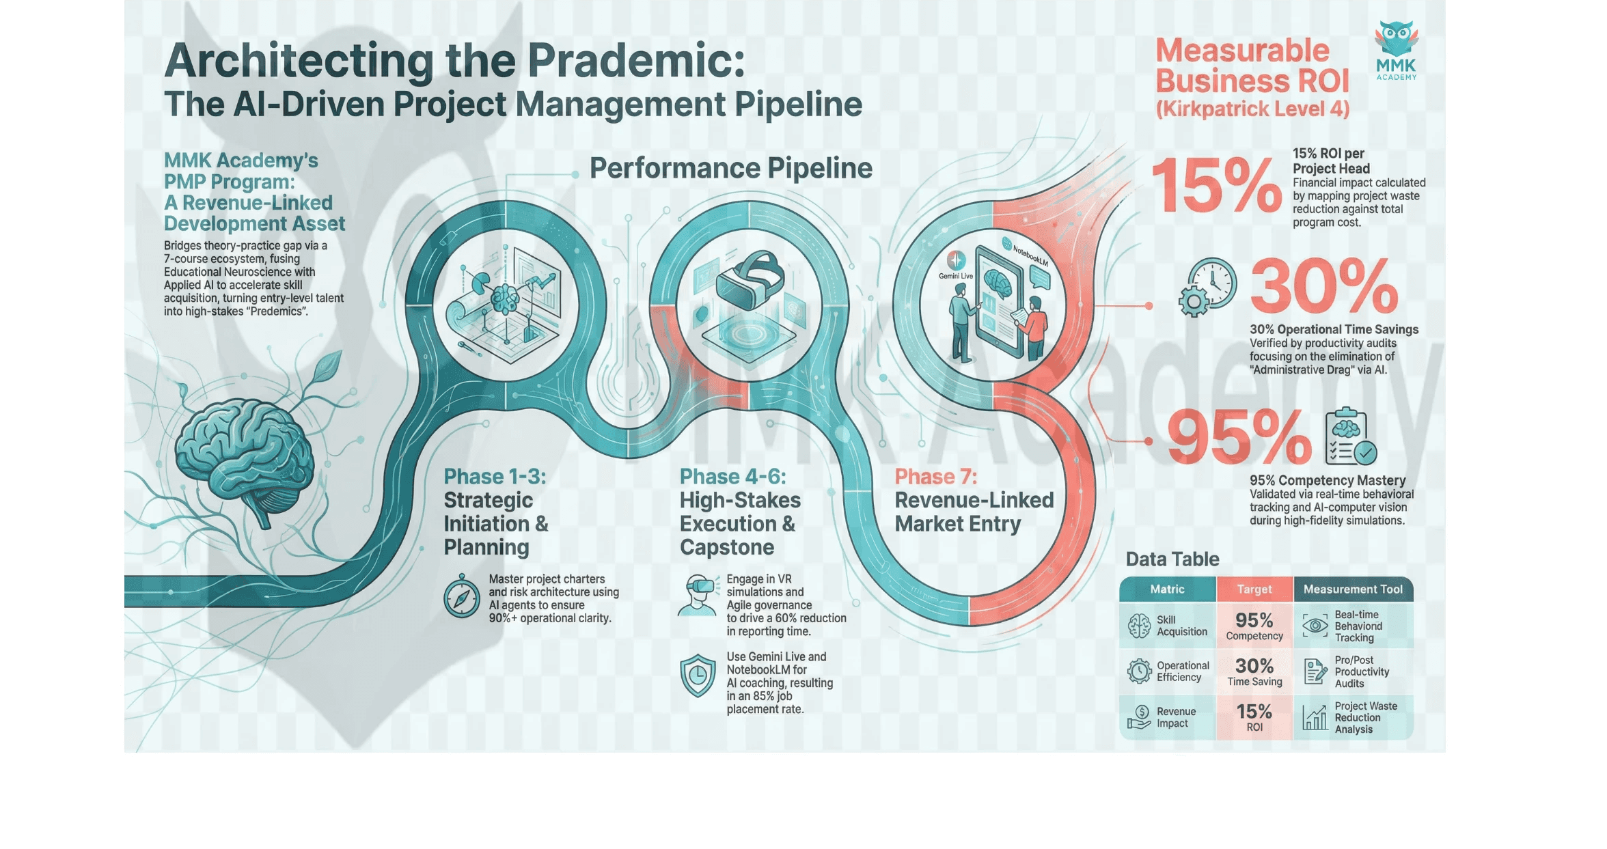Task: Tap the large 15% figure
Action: (x=1216, y=185)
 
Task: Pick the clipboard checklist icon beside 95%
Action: (x=1350, y=437)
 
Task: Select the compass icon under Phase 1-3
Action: (x=462, y=598)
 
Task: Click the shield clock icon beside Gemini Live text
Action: (x=698, y=676)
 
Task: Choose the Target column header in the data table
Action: (x=1254, y=589)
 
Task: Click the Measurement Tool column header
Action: (x=1353, y=589)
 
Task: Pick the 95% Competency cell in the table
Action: (x=1254, y=626)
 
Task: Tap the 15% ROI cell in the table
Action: (x=1254, y=716)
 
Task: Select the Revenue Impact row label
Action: (x=1175, y=717)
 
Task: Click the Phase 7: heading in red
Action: (x=936, y=477)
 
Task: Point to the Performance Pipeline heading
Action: (x=730, y=168)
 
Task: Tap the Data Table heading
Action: (x=1172, y=559)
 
